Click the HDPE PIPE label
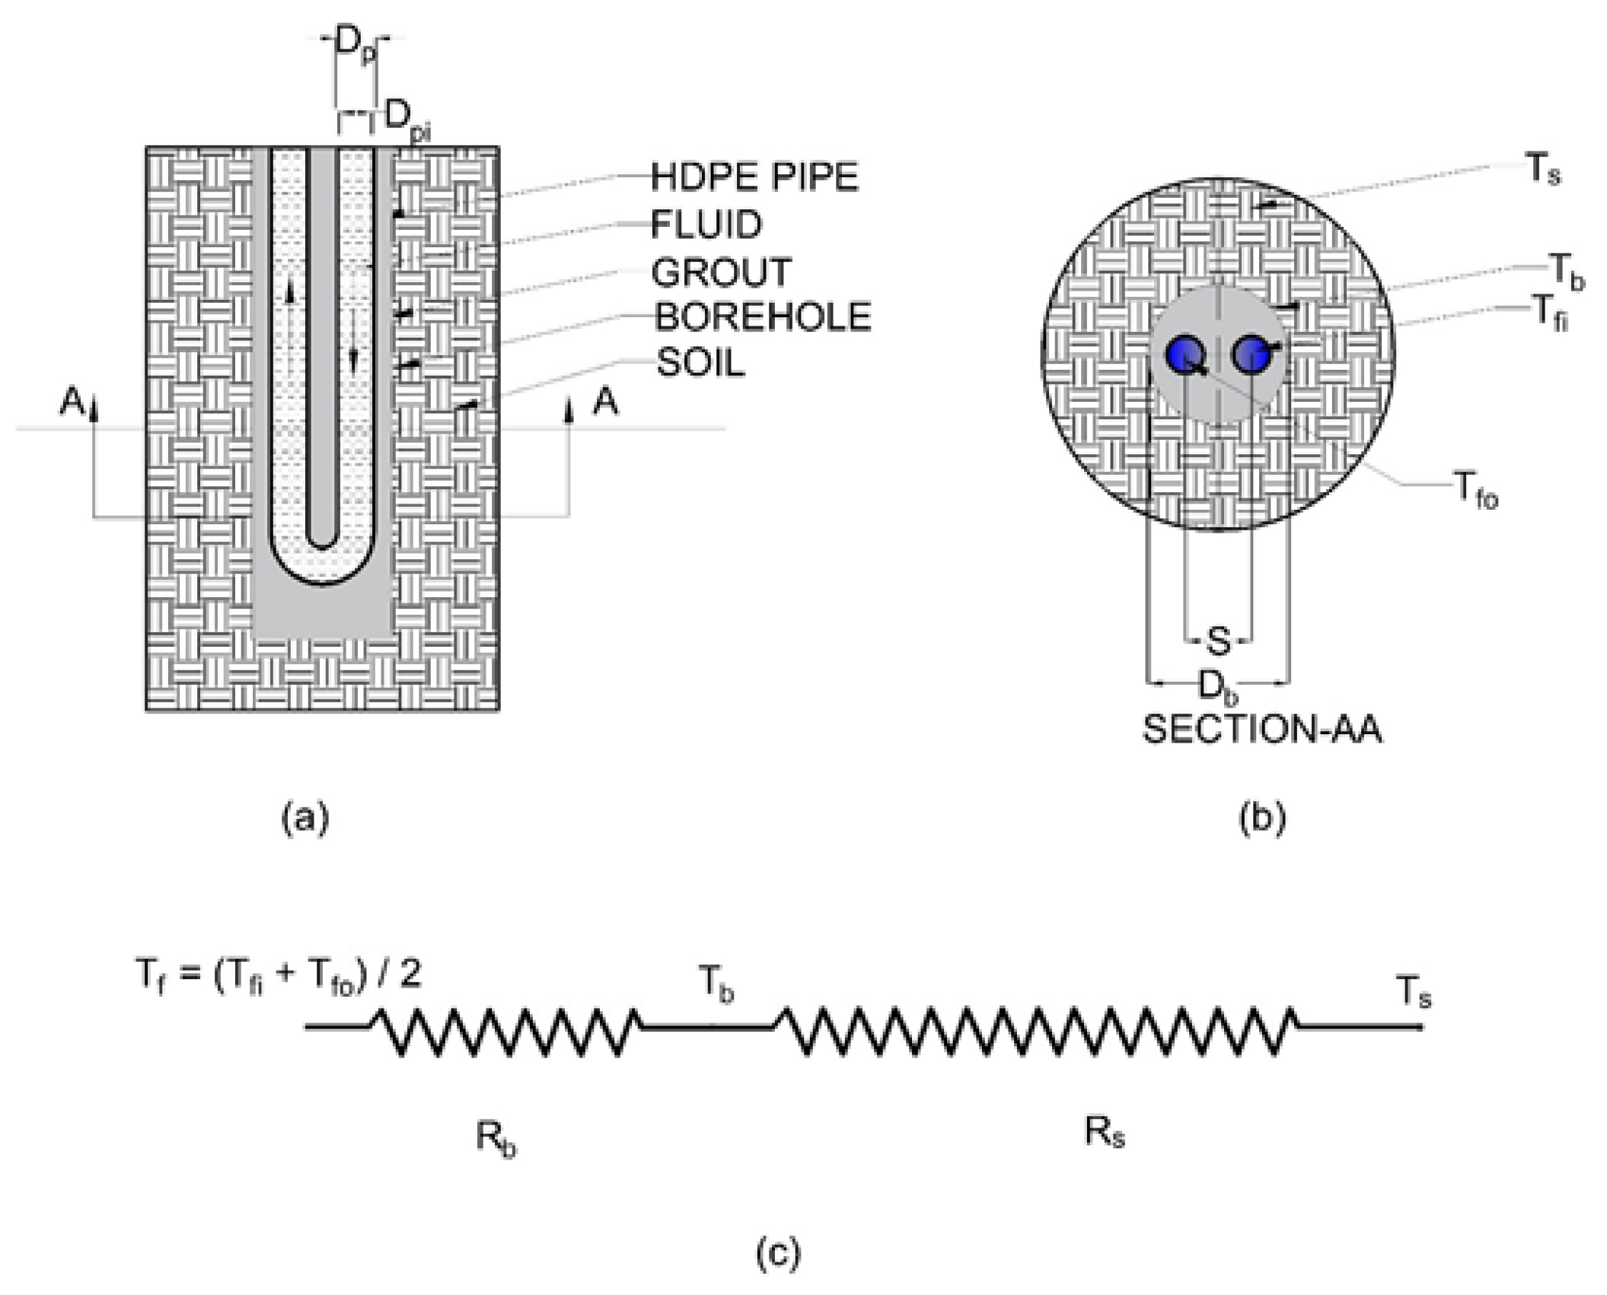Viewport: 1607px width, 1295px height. point(754,177)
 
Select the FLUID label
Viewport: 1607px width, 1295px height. point(706,224)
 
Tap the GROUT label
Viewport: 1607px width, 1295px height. point(721,272)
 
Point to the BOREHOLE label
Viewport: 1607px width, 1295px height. point(763,317)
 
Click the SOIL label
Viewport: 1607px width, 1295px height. point(700,364)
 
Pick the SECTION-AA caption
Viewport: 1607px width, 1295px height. point(1262,730)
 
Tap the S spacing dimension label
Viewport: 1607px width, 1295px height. point(1218,641)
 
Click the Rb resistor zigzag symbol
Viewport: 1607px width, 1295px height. point(506,1032)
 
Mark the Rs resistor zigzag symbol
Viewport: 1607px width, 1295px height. point(1035,1032)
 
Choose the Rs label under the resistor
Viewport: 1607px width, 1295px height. point(1104,1134)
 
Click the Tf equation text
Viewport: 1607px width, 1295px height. point(277,976)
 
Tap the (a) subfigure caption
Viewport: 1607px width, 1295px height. point(306,819)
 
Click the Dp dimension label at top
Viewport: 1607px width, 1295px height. point(356,47)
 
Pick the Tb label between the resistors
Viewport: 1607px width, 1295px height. point(716,987)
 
